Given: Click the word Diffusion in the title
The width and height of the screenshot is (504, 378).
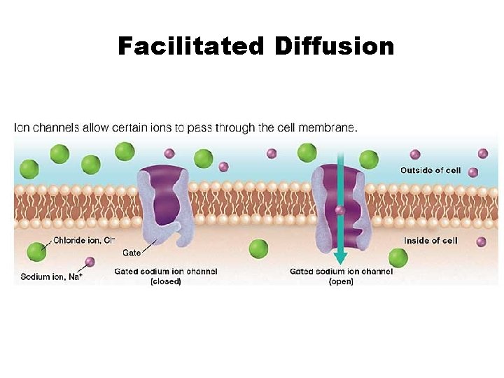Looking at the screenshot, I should [x=335, y=46].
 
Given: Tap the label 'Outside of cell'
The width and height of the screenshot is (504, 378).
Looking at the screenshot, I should [x=430, y=170].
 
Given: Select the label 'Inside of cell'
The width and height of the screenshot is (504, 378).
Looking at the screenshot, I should [x=430, y=240].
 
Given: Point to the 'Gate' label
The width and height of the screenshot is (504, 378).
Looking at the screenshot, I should [x=132, y=252].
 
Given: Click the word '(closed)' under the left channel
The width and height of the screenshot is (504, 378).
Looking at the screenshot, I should [x=166, y=281].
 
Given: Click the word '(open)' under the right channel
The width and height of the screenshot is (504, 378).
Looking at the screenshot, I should [x=341, y=281].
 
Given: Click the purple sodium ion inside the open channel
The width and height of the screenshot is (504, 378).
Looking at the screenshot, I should [x=340, y=209].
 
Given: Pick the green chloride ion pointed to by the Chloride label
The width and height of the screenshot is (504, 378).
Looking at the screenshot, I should [x=36, y=252].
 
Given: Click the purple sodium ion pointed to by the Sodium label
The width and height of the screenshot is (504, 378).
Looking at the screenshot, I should [x=90, y=262].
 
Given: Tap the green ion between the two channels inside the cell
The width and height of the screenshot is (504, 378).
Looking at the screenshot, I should [x=258, y=248].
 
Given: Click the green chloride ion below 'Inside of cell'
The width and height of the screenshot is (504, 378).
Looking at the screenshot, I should [x=398, y=258].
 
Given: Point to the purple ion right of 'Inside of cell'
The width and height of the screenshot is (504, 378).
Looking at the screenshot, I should [x=481, y=241].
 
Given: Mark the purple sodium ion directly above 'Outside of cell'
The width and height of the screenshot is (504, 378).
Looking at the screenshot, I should [x=415, y=154].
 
